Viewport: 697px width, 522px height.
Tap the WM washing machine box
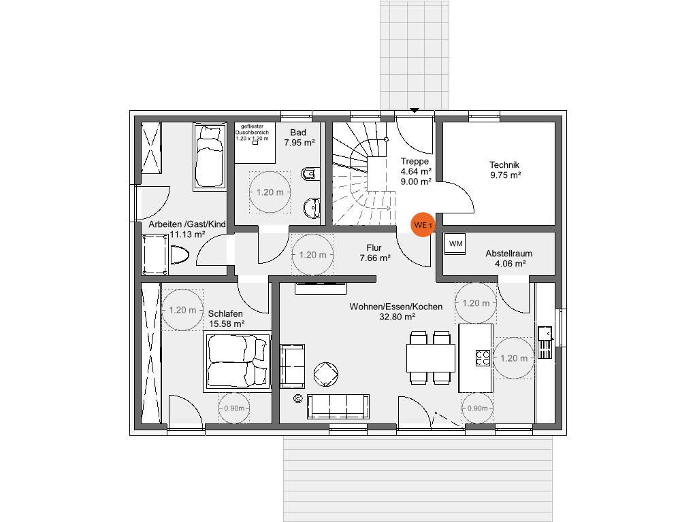[x=455, y=243]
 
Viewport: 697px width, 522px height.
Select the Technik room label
[x=504, y=169]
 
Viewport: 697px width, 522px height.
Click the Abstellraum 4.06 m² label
[x=508, y=258]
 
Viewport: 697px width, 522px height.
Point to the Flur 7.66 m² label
[x=374, y=253]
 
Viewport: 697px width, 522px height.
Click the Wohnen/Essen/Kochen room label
[x=396, y=311]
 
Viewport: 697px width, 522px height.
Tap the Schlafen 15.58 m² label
[x=226, y=319]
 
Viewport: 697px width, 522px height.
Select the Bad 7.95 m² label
[x=299, y=137]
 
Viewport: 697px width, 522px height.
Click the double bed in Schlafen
[x=238, y=362]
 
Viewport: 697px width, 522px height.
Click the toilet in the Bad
[x=310, y=175]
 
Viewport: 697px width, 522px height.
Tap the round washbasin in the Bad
[x=312, y=207]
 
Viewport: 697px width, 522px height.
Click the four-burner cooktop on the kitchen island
[x=483, y=358]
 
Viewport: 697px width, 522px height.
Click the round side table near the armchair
[x=325, y=373]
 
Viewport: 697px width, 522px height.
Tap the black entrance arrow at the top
[x=415, y=109]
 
